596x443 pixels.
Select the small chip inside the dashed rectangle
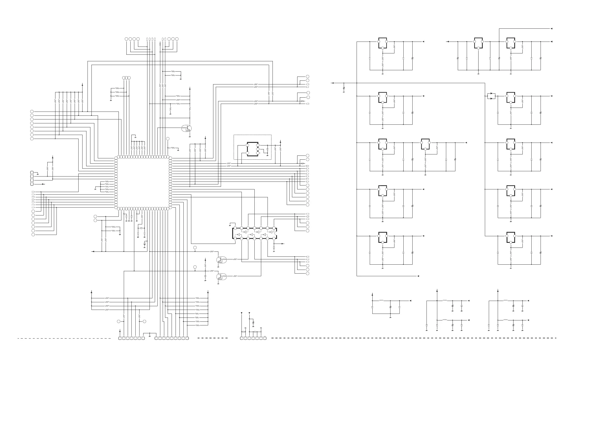point(253,149)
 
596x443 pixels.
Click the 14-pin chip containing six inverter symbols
point(254,233)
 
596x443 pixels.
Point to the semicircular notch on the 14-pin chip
point(276,233)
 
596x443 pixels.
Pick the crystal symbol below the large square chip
point(141,228)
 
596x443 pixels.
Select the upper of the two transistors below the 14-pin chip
point(221,260)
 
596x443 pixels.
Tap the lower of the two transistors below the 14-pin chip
point(221,276)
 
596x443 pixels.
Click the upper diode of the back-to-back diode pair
point(491,94)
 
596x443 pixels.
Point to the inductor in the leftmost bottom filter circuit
point(381,301)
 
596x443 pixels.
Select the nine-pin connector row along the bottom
point(172,338)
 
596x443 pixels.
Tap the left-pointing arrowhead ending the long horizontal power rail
point(332,83)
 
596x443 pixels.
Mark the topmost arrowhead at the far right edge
point(551,29)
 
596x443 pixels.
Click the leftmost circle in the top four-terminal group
point(126,39)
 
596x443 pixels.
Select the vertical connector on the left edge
point(32,178)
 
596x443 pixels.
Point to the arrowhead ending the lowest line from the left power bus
point(418,276)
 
